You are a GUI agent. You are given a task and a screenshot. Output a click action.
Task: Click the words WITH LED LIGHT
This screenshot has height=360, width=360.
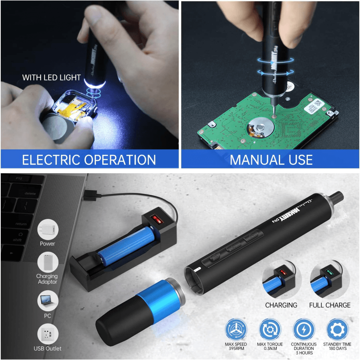click(51, 77)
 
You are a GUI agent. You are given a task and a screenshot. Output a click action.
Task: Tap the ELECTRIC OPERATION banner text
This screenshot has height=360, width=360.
click(89, 159)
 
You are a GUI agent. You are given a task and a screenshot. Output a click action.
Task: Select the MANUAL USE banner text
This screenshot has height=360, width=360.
click(271, 159)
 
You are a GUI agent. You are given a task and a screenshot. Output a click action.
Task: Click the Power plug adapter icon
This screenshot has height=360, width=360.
click(47, 229)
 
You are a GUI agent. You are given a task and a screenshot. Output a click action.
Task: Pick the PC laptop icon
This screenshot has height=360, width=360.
click(47, 300)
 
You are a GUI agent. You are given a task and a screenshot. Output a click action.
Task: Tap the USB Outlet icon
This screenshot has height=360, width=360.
click(47, 334)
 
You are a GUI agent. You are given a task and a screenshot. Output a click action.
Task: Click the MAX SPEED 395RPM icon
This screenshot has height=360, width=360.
click(236, 330)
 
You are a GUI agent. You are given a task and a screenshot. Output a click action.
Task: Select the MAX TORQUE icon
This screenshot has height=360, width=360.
click(270, 330)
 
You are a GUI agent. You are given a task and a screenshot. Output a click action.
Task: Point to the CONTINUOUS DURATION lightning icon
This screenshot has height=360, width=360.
click(303, 330)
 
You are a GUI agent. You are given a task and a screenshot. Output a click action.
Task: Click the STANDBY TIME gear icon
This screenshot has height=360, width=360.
click(337, 330)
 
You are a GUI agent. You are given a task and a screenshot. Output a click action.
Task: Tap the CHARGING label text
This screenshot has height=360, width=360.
click(281, 305)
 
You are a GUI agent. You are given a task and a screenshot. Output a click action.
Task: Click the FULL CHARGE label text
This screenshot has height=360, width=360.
click(330, 305)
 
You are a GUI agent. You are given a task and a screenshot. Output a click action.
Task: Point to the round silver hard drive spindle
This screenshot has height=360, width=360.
click(258, 128)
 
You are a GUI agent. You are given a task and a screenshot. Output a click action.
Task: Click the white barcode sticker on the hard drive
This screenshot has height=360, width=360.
click(314, 105)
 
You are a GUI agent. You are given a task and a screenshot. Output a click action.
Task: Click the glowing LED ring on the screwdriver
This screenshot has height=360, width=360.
click(94, 84)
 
